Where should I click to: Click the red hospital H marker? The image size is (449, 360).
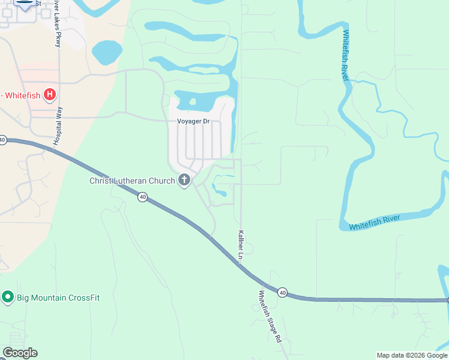[x=50, y=94]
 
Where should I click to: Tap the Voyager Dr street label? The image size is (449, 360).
[x=193, y=121]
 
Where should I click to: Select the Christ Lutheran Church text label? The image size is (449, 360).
[x=132, y=181]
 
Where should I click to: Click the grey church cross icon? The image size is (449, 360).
[x=184, y=180]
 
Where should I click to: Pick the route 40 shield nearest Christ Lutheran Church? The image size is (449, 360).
[x=142, y=197]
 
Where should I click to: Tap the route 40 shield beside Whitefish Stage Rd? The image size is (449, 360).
[x=282, y=292]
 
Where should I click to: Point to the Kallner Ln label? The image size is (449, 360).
[x=241, y=245]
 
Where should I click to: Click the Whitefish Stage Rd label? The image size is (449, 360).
[x=270, y=316]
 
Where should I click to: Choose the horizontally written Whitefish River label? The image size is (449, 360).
[x=375, y=223]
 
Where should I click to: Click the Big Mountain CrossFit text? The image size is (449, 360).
[x=58, y=297]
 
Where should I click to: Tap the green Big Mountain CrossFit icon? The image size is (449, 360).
[x=8, y=296]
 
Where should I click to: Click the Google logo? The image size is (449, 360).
[x=20, y=353]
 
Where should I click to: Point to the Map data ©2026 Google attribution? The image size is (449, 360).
[x=412, y=355]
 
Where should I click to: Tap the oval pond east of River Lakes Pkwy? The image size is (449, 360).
[x=107, y=52]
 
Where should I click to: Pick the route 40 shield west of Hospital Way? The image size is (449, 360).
[x=3, y=140]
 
